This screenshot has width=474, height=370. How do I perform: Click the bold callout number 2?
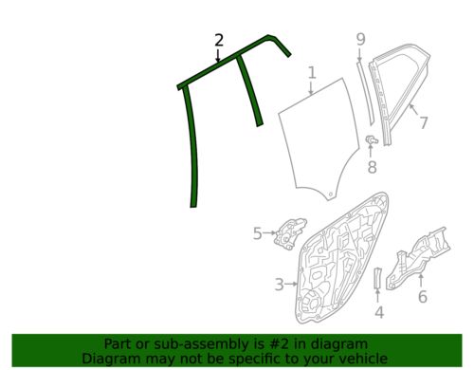point(219,41)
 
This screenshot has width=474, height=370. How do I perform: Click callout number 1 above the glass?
point(312,72)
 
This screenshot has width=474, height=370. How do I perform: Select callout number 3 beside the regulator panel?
point(280,285)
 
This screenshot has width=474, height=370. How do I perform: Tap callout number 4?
point(379,312)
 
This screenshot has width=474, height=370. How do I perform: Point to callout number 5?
point(258,233)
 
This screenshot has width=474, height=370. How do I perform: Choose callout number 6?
point(423,296)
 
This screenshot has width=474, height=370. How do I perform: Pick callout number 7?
point(424,122)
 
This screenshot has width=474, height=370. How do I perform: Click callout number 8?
point(373,167)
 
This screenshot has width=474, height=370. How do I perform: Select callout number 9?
point(360,39)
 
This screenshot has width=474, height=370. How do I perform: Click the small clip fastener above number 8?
point(372,139)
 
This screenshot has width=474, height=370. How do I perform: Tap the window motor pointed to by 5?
point(290,233)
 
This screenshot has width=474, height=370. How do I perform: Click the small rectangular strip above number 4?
point(378,277)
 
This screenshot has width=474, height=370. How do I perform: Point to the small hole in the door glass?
point(330,194)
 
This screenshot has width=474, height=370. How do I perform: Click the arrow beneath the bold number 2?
point(218,55)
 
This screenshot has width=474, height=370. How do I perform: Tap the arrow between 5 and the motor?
point(269,233)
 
